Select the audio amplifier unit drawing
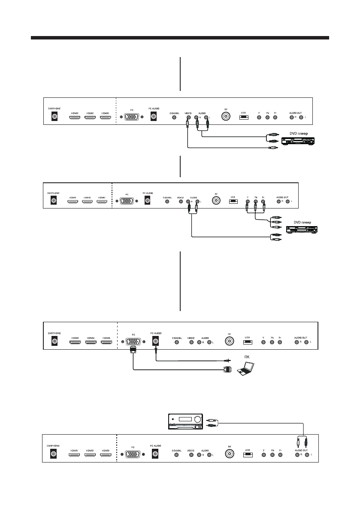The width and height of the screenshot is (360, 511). tap(185, 422)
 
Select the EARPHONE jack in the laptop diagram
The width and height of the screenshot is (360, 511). tap(54, 342)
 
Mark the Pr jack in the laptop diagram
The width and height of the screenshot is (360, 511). tap(281, 342)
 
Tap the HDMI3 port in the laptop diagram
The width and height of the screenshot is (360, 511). tap(106, 342)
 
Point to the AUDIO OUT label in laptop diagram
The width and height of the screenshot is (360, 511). tap(301, 337)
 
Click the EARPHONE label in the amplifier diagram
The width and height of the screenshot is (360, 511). tap(53, 445)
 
